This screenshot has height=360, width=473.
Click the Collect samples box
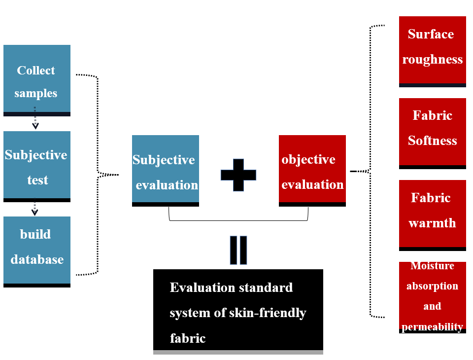pyautogui.click(x=37, y=80)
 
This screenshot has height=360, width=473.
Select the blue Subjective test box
pyautogui.click(x=37, y=166)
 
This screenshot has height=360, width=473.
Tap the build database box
pyautogui.click(x=37, y=252)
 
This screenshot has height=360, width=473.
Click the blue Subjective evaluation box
pyautogui.click(x=166, y=171)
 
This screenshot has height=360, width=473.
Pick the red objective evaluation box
pyautogui.click(x=312, y=171)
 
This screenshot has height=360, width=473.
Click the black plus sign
pyautogui.click(x=238, y=175)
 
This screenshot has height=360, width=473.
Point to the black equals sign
pyautogui.click(x=238, y=250)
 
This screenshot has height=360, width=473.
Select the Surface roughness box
pyautogui.click(x=432, y=52)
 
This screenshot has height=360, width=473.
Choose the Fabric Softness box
pyautogui.click(x=432, y=134)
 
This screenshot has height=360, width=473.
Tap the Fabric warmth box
pyautogui.click(x=432, y=216)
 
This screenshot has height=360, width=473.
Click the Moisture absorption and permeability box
pyautogui.click(x=432, y=297)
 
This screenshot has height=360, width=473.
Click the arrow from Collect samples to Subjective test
pyautogui.click(x=35, y=118)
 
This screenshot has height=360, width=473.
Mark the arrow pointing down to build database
pyautogui.click(x=34, y=207)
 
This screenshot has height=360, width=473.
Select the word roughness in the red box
pyautogui.click(x=432, y=60)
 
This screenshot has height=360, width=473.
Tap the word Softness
pyautogui.click(x=432, y=141)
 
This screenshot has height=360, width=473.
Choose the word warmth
pyautogui.click(x=432, y=223)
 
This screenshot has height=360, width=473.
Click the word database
pyautogui.click(x=37, y=259)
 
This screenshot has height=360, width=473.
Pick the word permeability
pyautogui.click(x=432, y=327)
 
